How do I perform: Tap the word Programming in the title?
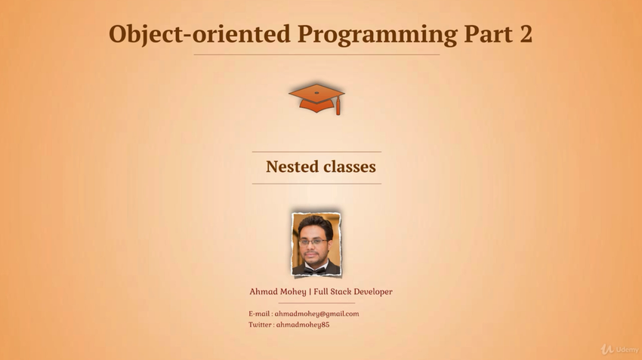pyautogui.click(x=377, y=35)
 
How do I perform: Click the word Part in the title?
pyautogui.click(x=488, y=34)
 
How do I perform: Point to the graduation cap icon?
pyautogui.click(x=316, y=99)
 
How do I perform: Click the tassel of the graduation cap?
pyautogui.click(x=338, y=107)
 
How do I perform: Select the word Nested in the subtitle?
pyautogui.click(x=292, y=167)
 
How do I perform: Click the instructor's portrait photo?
pyautogui.click(x=316, y=244)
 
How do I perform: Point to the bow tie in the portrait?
pyautogui.click(x=315, y=270)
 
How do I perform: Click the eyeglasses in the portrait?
pyautogui.click(x=313, y=242)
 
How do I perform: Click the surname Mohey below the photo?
pyautogui.click(x=293, y=292)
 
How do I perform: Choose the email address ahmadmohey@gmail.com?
pyautogui.click(x=316, y=314)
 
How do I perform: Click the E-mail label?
pyautogui.click(x=259, y=314)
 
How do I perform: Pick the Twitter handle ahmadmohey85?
pyautogui.click(x=303, y=325)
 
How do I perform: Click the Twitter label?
pyautogui.click(x=260, y=325)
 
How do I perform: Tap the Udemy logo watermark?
pyautogui.click(x=619, y=349)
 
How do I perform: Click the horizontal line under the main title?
pyautogui.click(x=316, y=54)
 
